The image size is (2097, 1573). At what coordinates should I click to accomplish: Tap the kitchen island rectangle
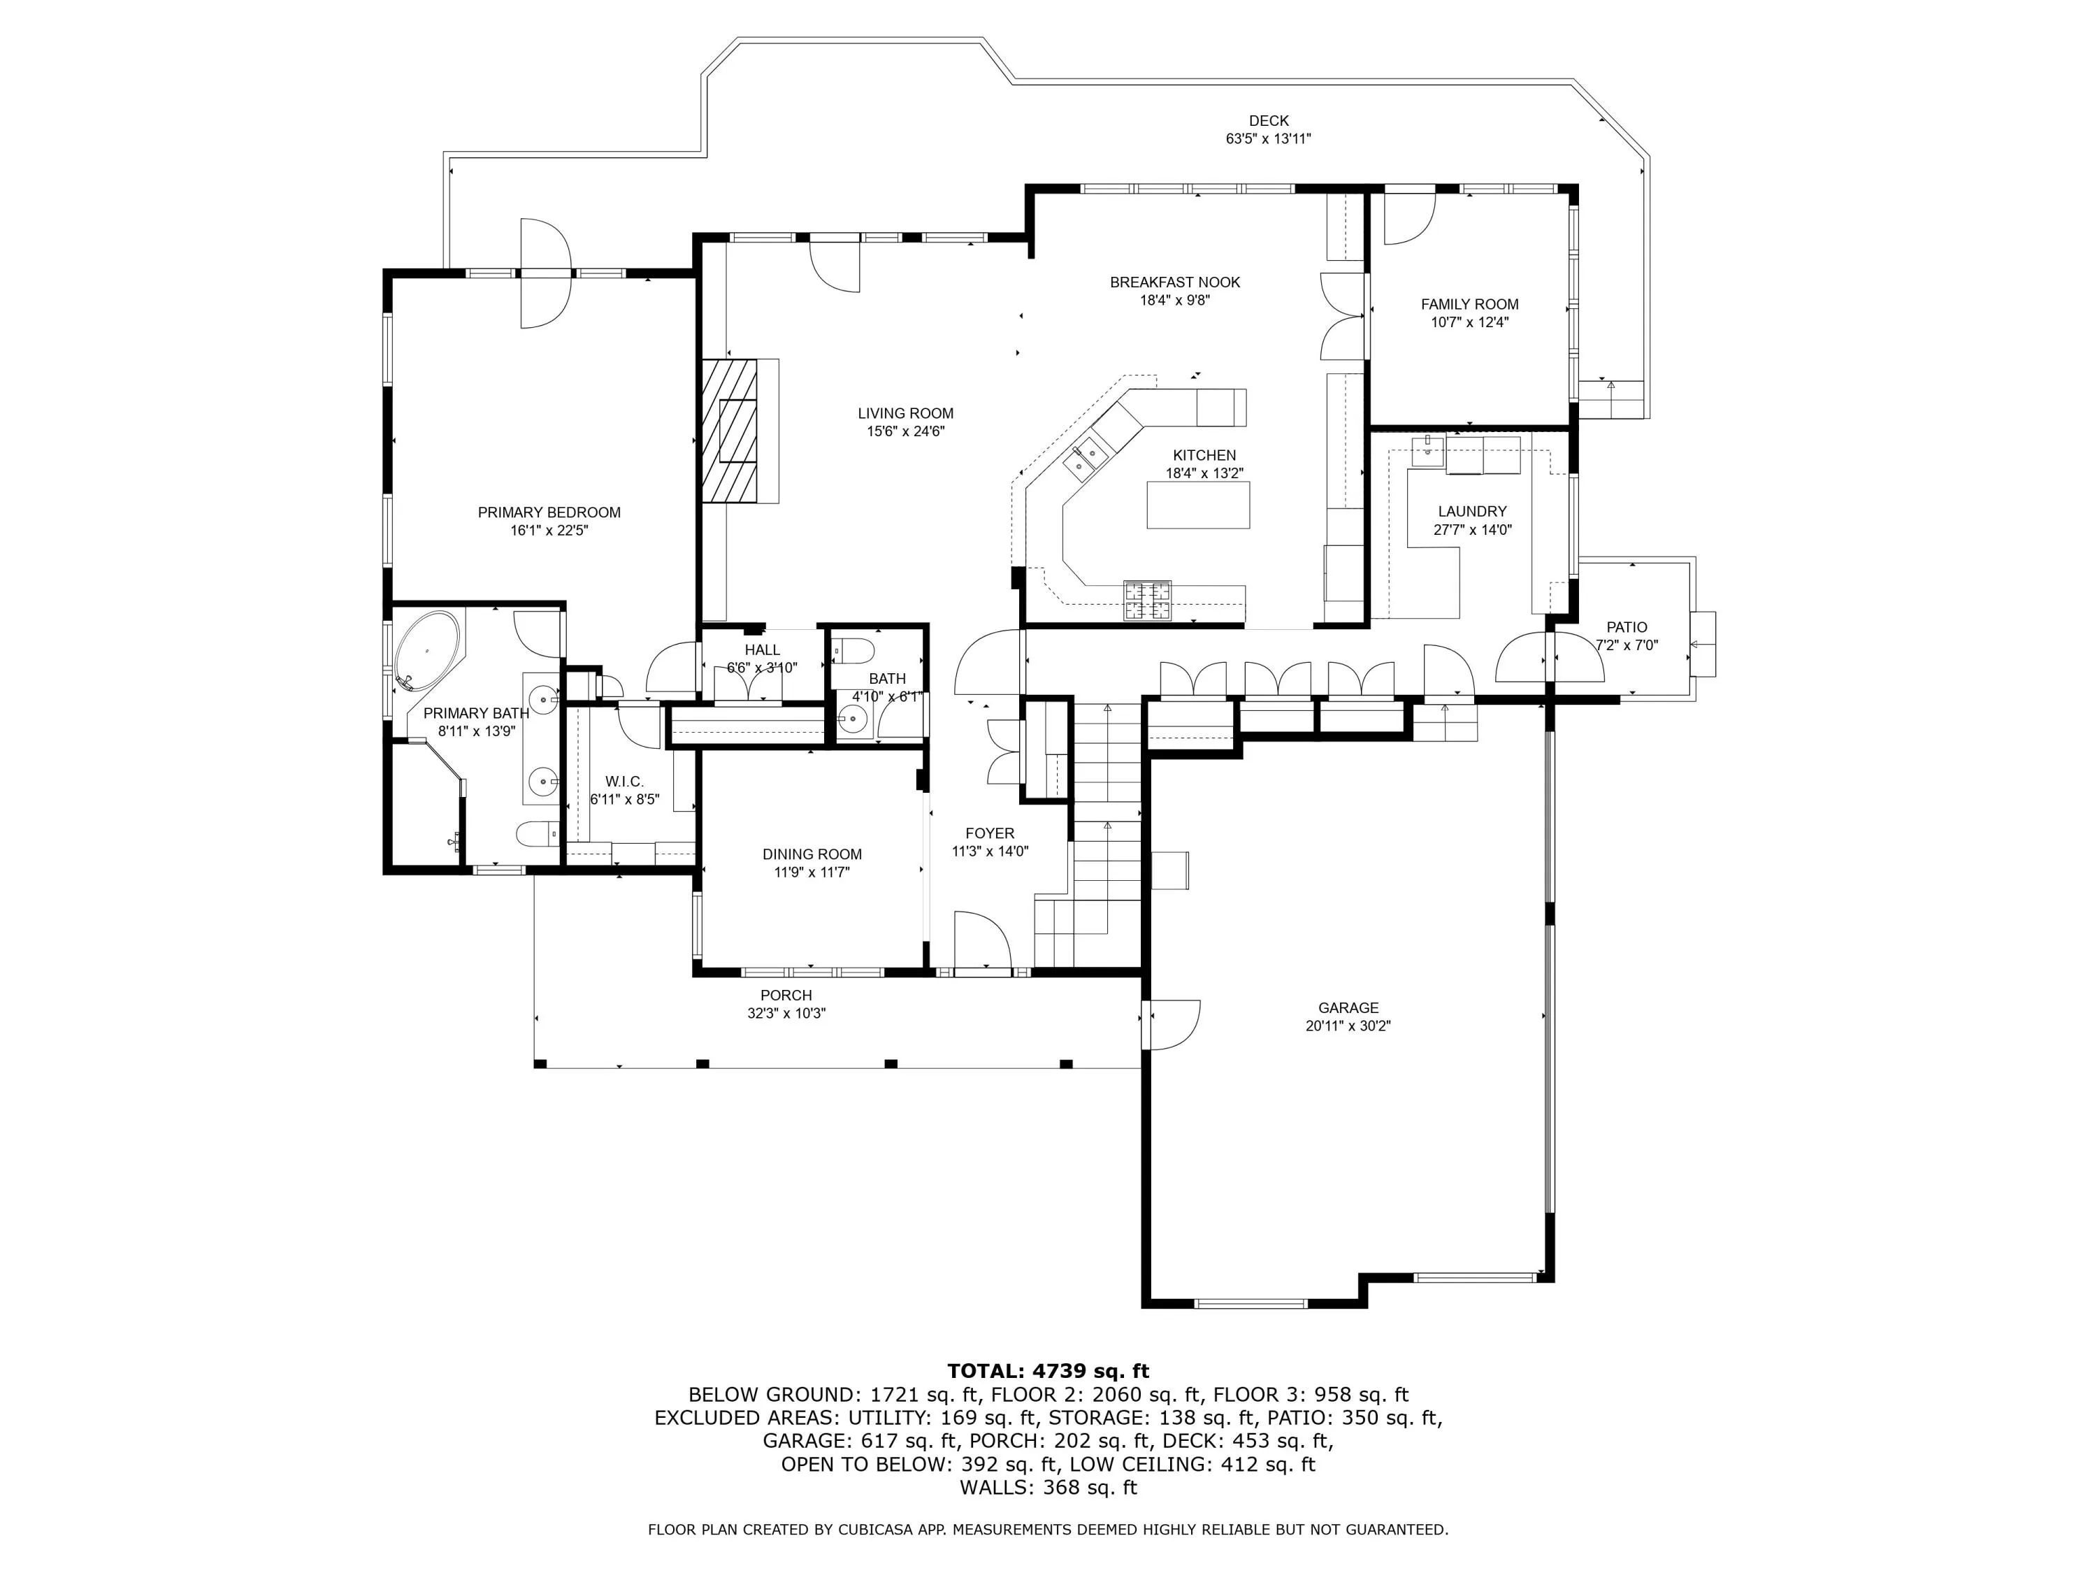pyautogui.click(x=1198, y=505)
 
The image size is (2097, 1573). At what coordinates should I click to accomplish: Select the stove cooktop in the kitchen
pyautogui.click(x=1147, y=599)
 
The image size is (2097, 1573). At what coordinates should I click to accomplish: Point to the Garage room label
pyautogui.click(x=1348, y=1008)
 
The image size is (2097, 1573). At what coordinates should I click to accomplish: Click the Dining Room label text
pyautogui.click(x=812, y=854)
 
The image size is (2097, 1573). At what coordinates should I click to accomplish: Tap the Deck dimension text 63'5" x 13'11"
pyautogui.click(x=1269, y=138)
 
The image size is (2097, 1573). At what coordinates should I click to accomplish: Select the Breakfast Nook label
pyautogui.click(x=1174, y=282)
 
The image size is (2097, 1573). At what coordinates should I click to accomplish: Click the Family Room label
pyautogui.click(x=1469, y=304)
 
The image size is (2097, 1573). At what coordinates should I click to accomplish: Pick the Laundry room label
pyautogui.click(x=1472, y=511)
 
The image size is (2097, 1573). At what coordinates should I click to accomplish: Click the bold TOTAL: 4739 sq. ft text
pyautogui.click(x=1048, y=1370)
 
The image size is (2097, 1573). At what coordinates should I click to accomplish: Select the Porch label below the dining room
pyautogui.click(x=786, y=995)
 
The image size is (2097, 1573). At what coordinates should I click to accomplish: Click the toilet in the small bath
pyautogui.click(x=852, y=652)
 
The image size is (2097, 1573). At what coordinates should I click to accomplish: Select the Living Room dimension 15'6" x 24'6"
pyautogui.click(x=905, y=431)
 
